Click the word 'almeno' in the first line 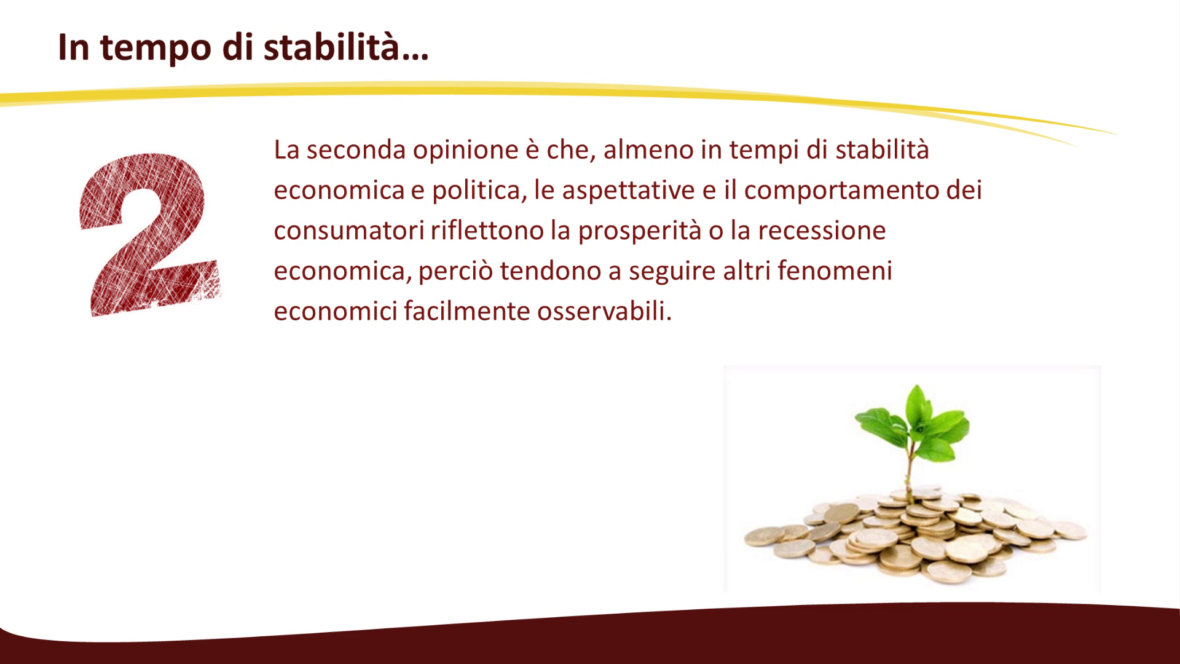pos(648,149)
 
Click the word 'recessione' pos(822,231)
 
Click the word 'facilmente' pos(467,312)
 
